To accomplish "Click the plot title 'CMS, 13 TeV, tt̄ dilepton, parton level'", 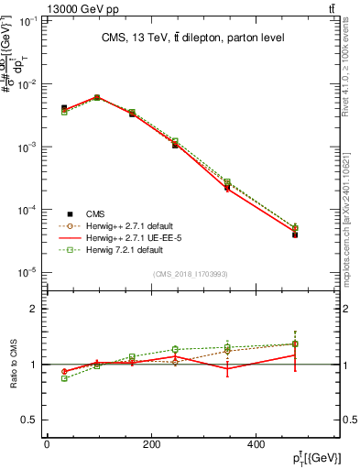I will (191, 38).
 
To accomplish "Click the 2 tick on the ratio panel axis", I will (37, 309).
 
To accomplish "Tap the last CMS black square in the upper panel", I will (321, 234).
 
